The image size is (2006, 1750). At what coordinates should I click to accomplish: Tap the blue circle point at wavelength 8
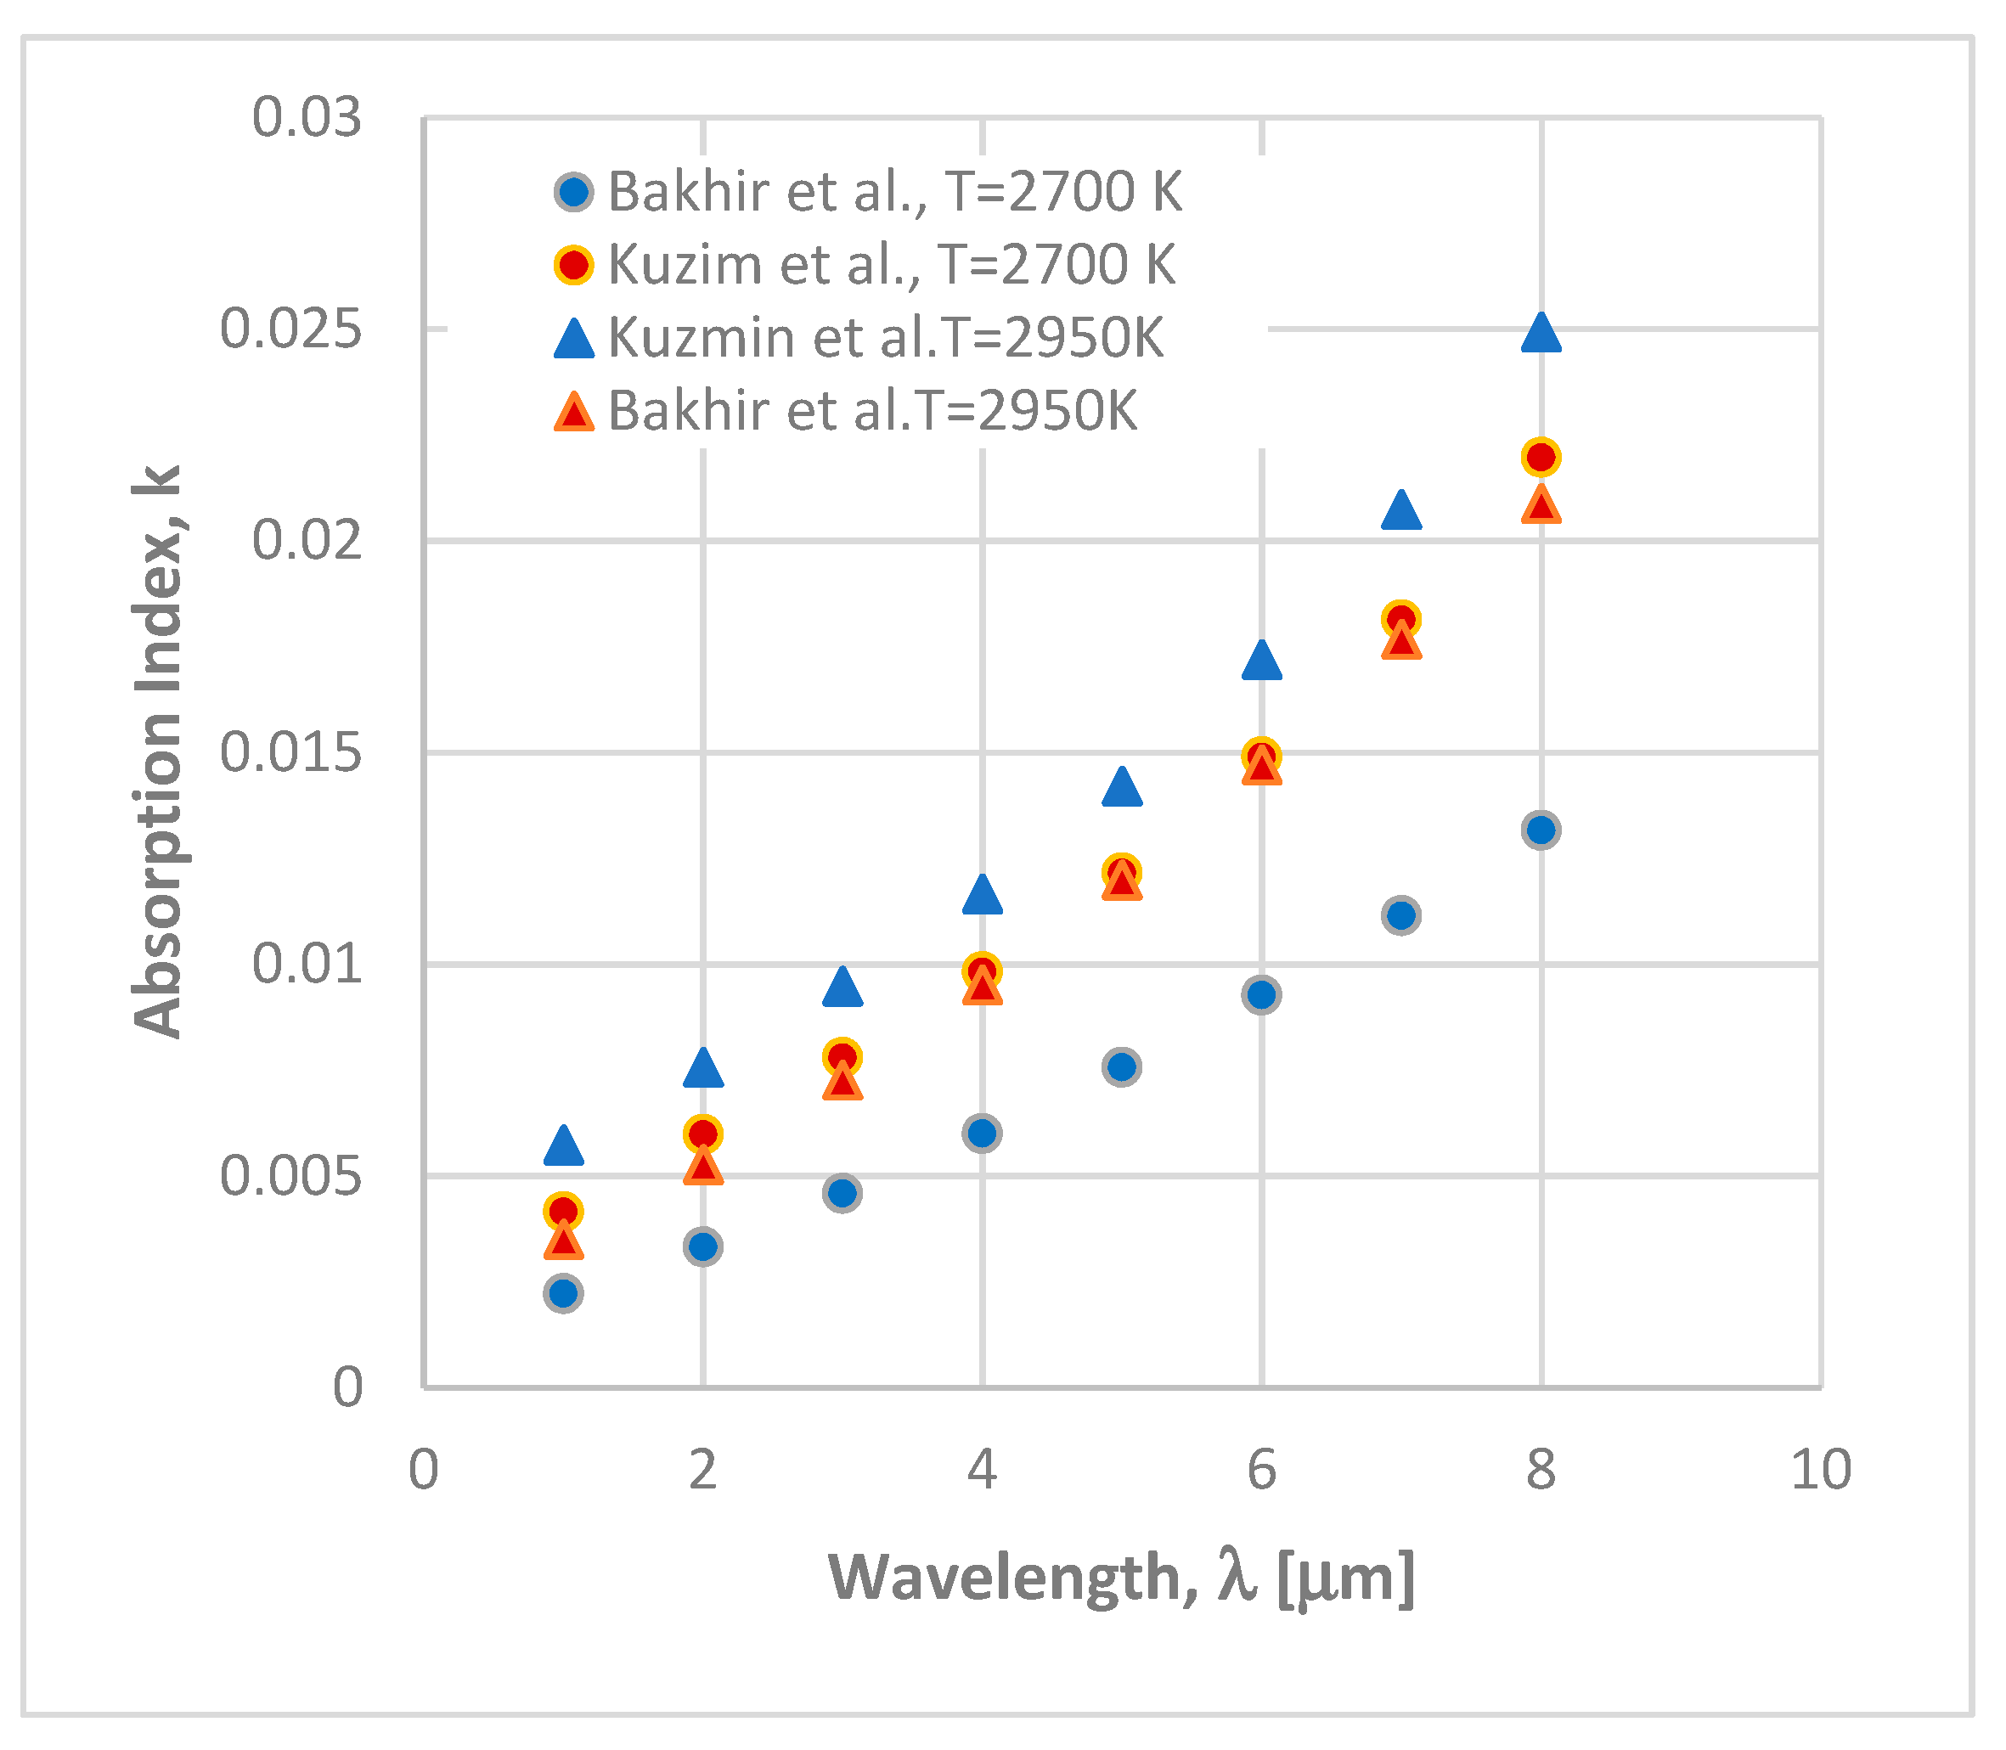pyautogui.click(x=1541, y=830)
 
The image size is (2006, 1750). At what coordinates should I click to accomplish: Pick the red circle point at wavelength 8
pyautogui.click(x=1541, y=456)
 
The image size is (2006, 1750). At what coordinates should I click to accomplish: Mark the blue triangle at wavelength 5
pyautogui.click(x=1122, y=788)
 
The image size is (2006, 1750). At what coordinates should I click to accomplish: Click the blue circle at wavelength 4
pyautogui.click(x=982, y=1133)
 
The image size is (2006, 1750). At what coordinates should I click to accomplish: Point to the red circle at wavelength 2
pyautogui.click(x=703, y=1134)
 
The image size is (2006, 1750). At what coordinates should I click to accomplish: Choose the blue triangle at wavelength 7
pyautogui.click(x=1401, y=512)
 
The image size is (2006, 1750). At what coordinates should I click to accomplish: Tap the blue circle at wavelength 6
pyautogui.click(x=1262, y=994)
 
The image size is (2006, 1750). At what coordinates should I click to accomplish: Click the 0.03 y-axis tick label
pyautogui.click(x=306, y=118)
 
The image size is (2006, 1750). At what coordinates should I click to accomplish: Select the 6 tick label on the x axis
pyautogui.click(x=1262, y=1470)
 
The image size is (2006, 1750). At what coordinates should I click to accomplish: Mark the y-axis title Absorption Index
pyautogui.click(x=158, y=752)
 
